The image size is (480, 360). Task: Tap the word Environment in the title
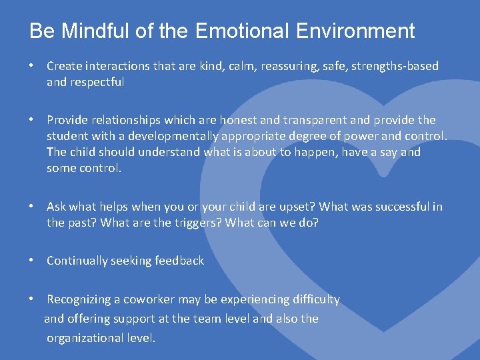(360, 31)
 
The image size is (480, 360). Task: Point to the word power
(373, 136)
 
